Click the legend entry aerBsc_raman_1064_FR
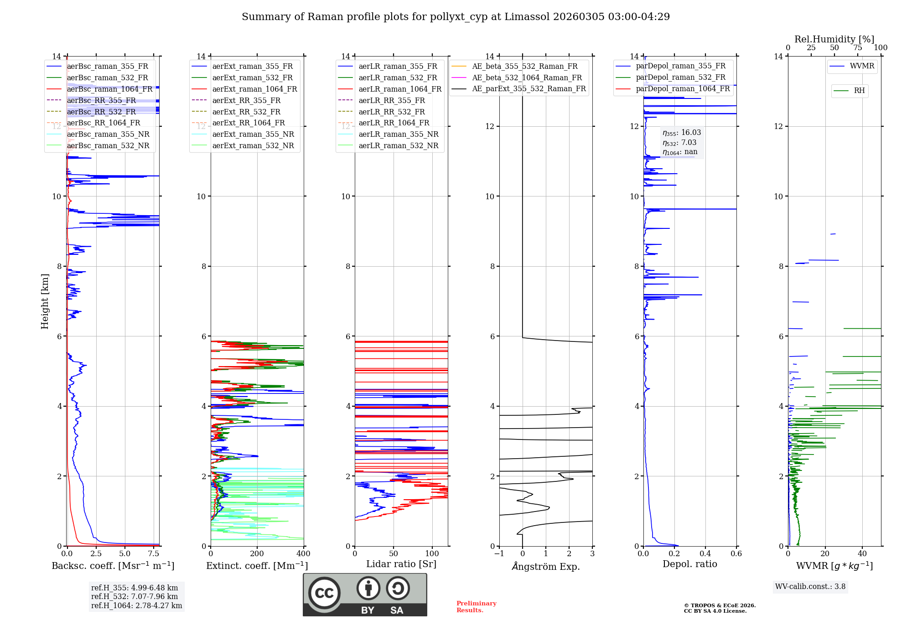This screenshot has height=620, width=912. (x=109, y=89)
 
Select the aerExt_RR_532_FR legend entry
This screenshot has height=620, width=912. (x=246, y=112)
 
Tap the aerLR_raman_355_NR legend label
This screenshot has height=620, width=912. (x=398, y=134)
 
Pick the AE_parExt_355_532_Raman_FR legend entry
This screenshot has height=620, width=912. (x=529, y=88)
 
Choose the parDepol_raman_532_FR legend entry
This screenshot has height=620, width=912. (x=680, y=77)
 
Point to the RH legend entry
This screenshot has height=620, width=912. (x=859, y=90)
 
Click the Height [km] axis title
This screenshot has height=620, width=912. (x=45, y=301)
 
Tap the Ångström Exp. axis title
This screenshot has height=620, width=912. (x=546, y=566)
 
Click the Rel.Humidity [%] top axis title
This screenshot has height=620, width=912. (x=834, y=39)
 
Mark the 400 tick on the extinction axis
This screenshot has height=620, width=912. (x=304, y=553)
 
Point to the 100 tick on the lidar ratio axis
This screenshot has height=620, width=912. (x=432, y=553)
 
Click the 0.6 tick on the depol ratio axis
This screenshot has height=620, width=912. (x=736, y=553)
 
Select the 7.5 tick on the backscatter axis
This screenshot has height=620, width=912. (x=154, y=553)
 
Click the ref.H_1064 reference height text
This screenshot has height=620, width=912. (x=136, y=605)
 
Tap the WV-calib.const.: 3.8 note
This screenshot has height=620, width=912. (x=810, y=586)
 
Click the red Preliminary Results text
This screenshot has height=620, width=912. (x=476, y=606)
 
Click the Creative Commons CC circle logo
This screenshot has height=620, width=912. (x=324, y=593)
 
